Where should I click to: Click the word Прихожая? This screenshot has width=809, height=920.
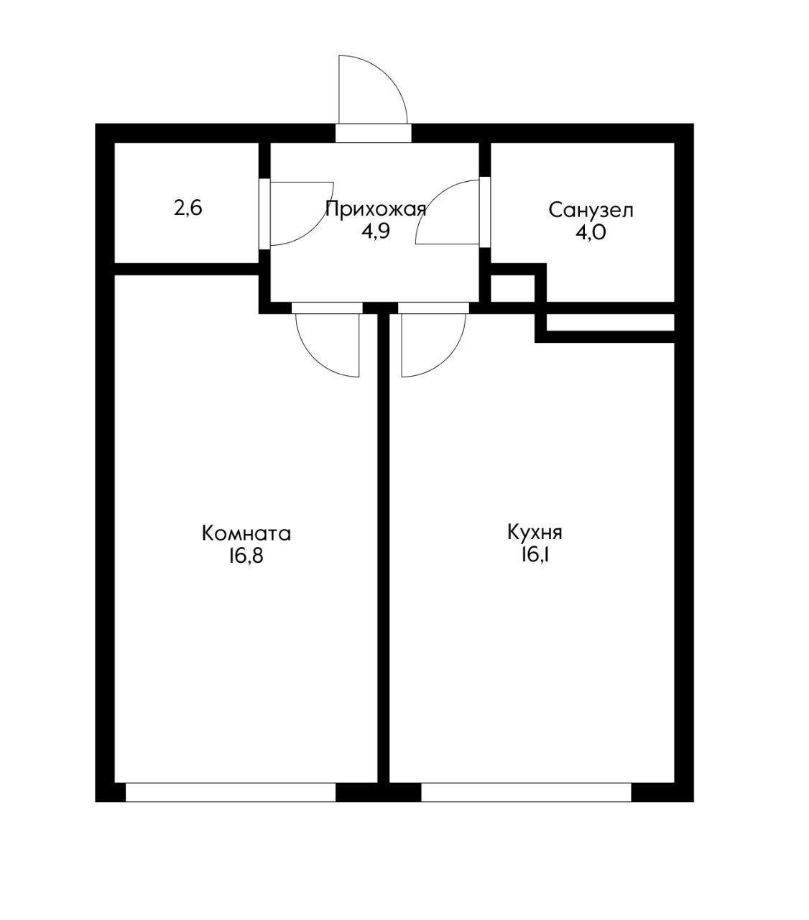[375, 209]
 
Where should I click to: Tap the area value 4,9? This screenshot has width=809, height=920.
[375, 233]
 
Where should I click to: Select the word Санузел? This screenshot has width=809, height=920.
[591, 211]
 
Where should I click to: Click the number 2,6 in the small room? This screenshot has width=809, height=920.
[188, 208]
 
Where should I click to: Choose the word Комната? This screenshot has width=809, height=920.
[246, 534]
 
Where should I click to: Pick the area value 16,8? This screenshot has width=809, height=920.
[246, 557]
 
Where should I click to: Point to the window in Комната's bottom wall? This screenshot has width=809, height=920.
[231, 792]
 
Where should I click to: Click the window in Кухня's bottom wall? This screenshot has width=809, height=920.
[526, 792]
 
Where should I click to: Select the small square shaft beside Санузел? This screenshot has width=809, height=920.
[512, 288]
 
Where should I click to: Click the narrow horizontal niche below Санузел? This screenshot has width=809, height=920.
[610, 323]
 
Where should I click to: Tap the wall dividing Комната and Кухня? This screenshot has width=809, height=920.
[384, 546]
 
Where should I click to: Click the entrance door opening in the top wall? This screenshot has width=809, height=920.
[373, 134]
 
